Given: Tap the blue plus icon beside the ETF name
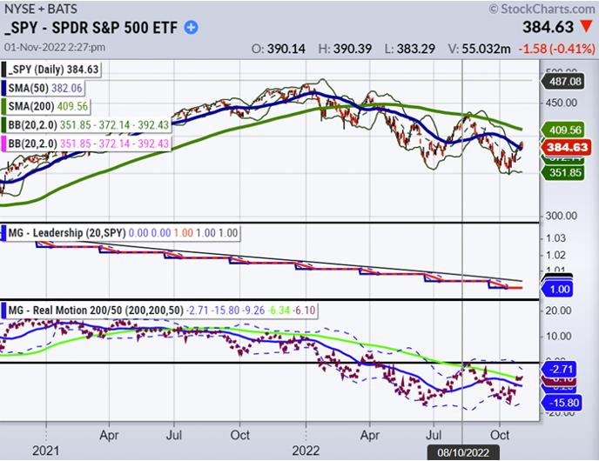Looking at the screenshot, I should [x=191, y=27].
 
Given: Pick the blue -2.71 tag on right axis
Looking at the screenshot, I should [x=569, y=369].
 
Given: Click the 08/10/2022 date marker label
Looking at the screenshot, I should [x=462, y=452].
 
